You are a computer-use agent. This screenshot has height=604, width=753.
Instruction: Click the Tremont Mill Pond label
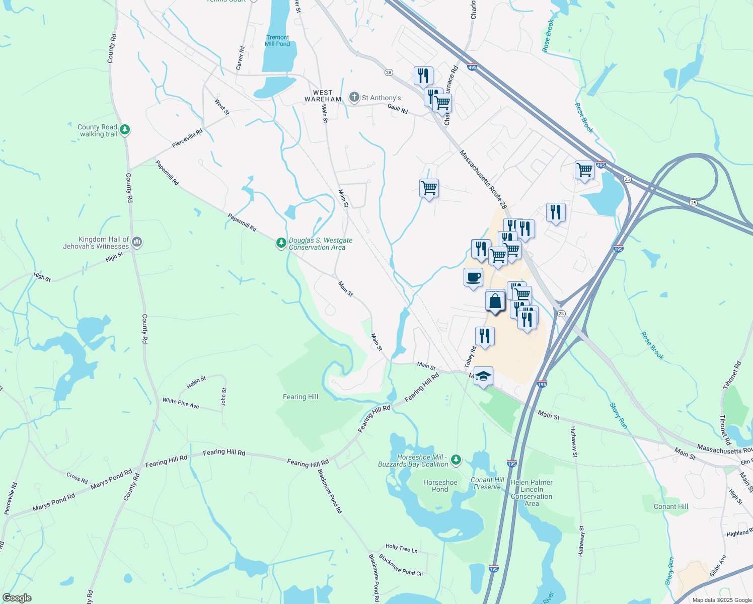click(x=277, y=41)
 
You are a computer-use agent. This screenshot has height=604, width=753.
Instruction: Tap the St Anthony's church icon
click(x=354, y=97)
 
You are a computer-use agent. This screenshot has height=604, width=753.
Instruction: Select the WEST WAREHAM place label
click(x=323, y=96)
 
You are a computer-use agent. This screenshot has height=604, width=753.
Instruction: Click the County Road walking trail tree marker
click(x=125, y=130)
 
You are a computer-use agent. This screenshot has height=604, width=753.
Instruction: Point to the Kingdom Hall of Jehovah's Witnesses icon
click(x=137, y=243)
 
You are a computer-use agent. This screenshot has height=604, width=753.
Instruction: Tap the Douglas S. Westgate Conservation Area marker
click(x=281, y=243)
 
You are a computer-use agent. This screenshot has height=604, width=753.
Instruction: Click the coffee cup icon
click(x=473, y=277)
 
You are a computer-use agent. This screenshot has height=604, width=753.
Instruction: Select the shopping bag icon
click(x=495, y=301)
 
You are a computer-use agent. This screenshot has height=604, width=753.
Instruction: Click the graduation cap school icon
click(x=483, y=376)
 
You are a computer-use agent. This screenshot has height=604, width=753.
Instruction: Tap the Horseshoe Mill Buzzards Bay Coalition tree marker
click(x=456, y=459)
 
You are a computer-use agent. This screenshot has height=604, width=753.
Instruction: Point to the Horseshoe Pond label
click(x=440, y=486)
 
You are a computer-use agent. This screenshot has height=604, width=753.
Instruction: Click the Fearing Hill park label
click(x=300, y=397)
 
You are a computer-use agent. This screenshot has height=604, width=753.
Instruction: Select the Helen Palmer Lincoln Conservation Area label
click(x=532, y=493)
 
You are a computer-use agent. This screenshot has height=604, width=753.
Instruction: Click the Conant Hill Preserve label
click(x=487, y=483)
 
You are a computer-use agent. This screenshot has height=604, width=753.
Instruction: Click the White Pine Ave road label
click(x=181, y=403)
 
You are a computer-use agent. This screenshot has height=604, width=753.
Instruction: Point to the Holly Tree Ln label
click(x=401, y=548)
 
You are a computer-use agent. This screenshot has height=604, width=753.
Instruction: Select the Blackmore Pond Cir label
click(x=401, y=565)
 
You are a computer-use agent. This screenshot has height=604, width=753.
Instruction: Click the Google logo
click(x=17, y=598)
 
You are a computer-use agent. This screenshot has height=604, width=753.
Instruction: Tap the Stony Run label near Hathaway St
click(x=618, y=416)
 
